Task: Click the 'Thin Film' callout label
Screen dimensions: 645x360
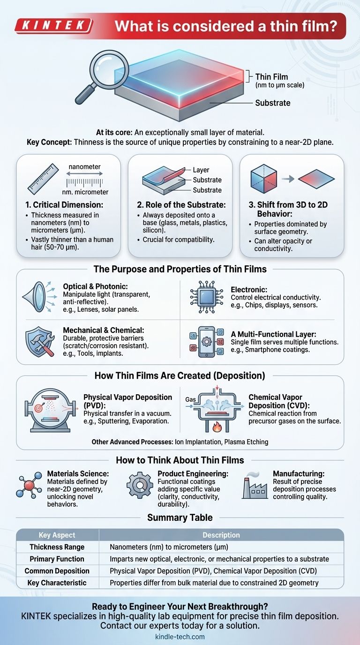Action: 271,77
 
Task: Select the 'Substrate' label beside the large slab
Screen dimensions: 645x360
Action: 272,103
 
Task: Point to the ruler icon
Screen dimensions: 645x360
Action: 43,179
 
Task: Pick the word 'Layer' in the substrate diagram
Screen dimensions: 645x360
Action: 201,170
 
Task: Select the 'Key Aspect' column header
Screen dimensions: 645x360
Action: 57,535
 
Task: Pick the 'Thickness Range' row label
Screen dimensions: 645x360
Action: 57,547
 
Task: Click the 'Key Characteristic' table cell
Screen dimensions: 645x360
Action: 57,583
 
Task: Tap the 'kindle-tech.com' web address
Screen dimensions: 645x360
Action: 180,637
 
